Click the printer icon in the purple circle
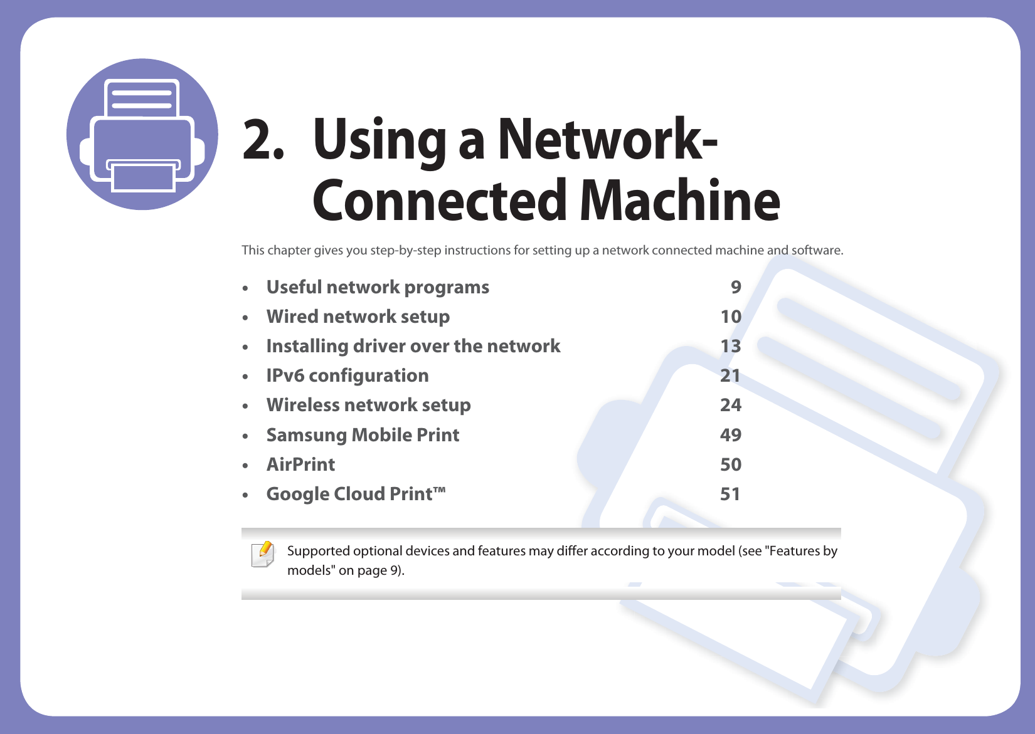pyautogui.click(x=142, y=134)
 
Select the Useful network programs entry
pyautogui.click(x=378, y=287)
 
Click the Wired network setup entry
pyautogui.click(x=358, y=317)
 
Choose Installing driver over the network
pyautogui.click(x=413, y=346)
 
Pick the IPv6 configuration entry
pyautogui.click(x=348, y=375)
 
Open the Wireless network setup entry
pyautogui.click(x=368, y=405)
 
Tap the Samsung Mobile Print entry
pyautogui.click(x=363, y=435)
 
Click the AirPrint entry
pyautogui.click(x=300, y=464)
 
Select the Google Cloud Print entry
pyautogui.click(x=356, y=494)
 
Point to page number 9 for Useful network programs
pyautogui.click(x=736, y=287)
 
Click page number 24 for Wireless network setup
pyautogui.click(x=730, y=405)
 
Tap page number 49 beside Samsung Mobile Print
pyautogui.click(x=730, y=435)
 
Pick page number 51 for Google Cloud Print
pyautogui.click(x=730, y=494)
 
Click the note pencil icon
pyautogui.click(x=263, y=555)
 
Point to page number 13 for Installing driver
pyautogui.click(x=730, y=346)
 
